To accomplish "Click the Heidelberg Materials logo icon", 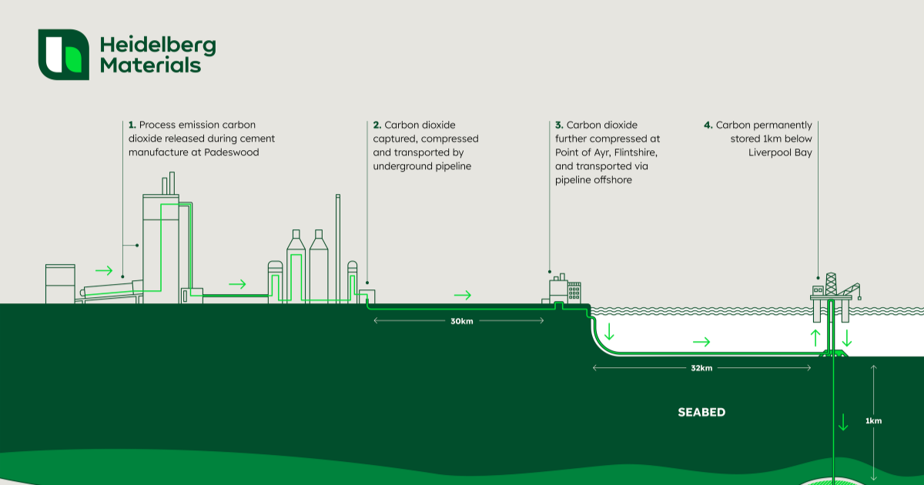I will click(x=64, y=55).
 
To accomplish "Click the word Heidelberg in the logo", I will click(x=158, y=45).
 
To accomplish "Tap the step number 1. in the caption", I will click(x=132, y=125).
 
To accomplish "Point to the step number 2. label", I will click(x=377, y=125).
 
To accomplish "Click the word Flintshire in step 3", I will click(x=626, y=152).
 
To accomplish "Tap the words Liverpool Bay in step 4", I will click(x=780, y=152).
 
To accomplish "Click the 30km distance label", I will click(x=461, y=321).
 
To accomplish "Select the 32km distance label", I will click(x=701, y=368).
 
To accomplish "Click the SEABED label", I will click(x=701, y=413).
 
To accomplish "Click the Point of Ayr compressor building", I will click(x=564, y=289).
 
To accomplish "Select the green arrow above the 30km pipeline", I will click(x=462, y=295).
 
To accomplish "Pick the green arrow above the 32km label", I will click(x=701, y=341).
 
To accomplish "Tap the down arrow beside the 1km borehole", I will click(x=844, y=421).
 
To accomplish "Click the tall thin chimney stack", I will click(x=337, y=246).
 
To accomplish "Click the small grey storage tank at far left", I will click(x=60, y=283).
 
